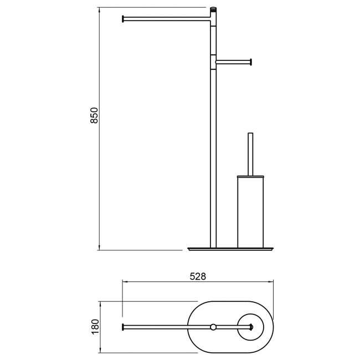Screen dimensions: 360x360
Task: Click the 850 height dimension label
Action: point(94,115)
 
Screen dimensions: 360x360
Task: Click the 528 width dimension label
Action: point(198,277)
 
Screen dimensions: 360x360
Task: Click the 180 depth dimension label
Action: point(95,327)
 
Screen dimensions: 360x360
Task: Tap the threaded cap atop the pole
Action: point(214,10)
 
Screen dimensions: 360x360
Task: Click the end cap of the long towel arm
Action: point(123,19)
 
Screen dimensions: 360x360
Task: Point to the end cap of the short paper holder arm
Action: point(251,62)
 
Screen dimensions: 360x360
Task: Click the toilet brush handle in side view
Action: point(250,155)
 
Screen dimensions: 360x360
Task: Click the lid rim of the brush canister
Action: point(250,177)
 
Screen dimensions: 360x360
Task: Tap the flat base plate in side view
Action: point(230,249)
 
